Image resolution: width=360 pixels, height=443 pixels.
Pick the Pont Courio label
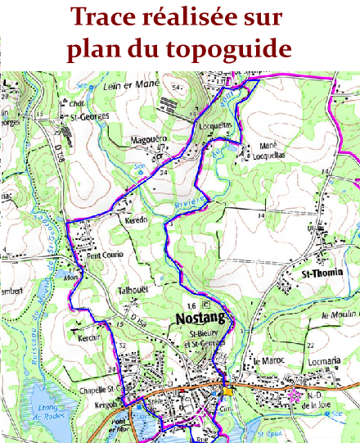(x=105, y=254)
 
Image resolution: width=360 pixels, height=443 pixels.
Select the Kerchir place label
(x=90, y=337)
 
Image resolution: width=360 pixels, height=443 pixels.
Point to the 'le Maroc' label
(x=267, y=361)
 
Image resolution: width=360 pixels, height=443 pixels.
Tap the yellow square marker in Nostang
(x=228, y=390)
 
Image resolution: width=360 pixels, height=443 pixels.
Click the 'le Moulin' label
(x=335, y=315)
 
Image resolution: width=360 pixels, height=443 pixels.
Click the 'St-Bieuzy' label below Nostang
(x=199, y=335)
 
